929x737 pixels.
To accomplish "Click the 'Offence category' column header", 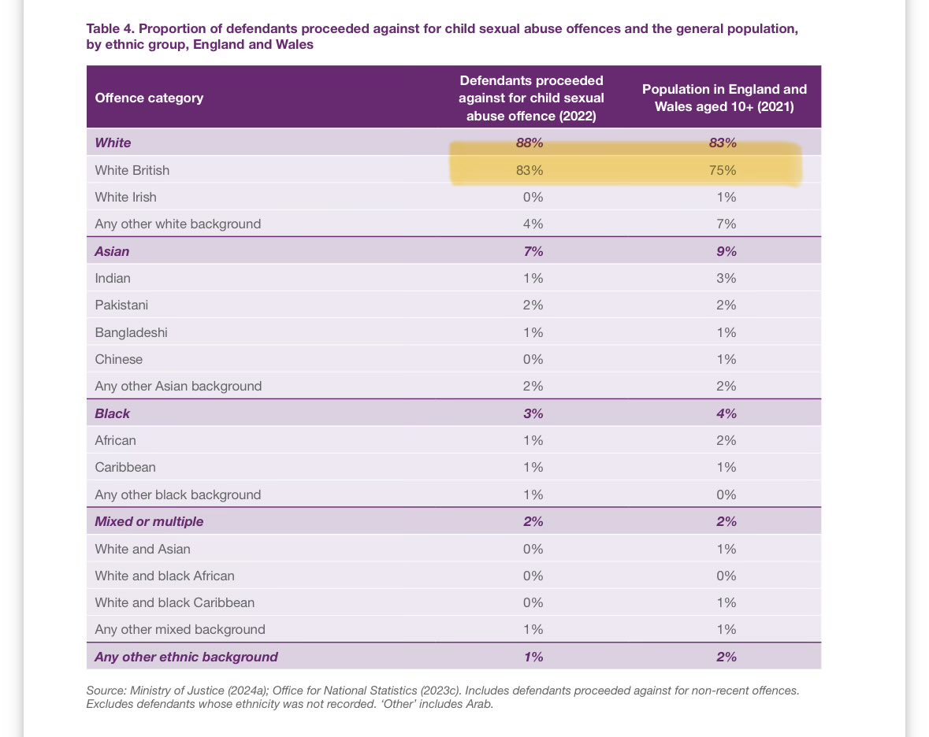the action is point(149,98).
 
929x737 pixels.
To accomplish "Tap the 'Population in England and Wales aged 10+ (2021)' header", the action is point(724,98).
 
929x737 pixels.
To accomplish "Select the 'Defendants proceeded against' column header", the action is point(531,98).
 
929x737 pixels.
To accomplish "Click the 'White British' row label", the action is point(132,170).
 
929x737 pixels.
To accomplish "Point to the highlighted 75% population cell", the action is point(723,170).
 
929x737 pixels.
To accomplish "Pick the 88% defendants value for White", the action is point(530,143).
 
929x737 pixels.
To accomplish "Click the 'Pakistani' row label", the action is point(121,305).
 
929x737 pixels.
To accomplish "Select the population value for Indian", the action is point(726,278).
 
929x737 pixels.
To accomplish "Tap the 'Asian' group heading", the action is point(112,251).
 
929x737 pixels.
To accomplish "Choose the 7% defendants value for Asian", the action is point(533,251).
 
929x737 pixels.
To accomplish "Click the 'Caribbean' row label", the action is point(125,467).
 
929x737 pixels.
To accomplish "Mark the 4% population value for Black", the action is point(726,413).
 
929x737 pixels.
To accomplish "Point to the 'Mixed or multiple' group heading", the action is point(149,521).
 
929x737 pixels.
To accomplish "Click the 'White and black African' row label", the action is point(165,576).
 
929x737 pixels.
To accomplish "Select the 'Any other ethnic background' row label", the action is point(186,657).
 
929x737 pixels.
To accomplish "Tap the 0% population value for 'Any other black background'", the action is point(726,494).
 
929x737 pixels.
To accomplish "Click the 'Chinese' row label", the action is point(118,359).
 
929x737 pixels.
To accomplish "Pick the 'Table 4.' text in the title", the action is point(111,28).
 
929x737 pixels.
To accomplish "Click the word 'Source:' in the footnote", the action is point(106,691).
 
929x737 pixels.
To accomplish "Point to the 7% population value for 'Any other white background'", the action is point(726,224).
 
